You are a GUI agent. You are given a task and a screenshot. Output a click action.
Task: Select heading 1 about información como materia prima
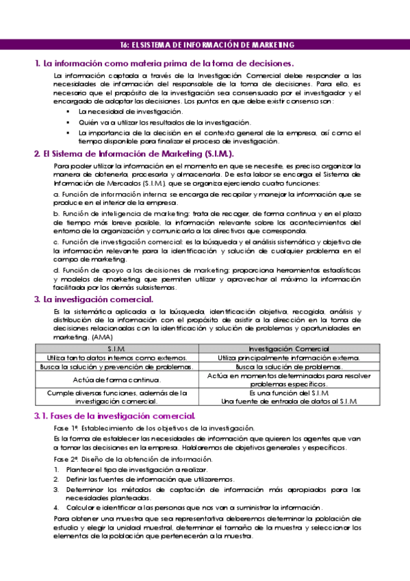(x=164, y=63)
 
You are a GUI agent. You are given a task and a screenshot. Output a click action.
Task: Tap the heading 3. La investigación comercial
(x=94, y=299)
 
